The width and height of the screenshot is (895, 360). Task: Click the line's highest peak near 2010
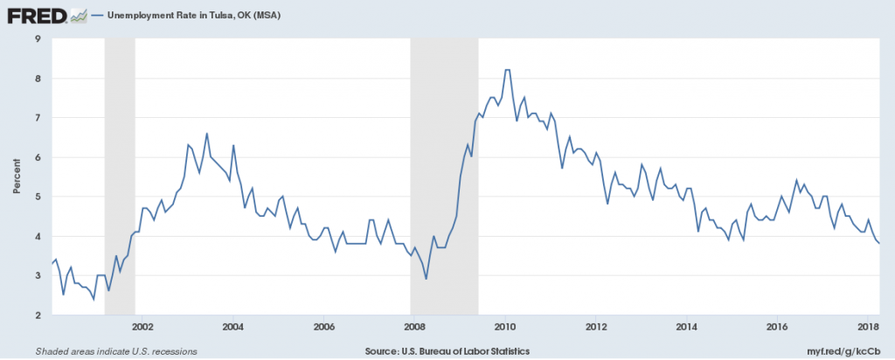coord(507,70)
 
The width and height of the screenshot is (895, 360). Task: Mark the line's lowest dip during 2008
coord(427,279)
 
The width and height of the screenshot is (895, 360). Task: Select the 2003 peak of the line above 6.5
coord(206,134)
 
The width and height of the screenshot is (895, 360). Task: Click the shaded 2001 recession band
coord(120,177)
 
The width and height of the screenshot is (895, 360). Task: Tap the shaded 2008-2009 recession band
coord(444,177)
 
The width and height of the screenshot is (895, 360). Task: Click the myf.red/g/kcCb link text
coord(853,351)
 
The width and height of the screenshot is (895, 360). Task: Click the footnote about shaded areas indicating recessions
coord(116,351)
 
